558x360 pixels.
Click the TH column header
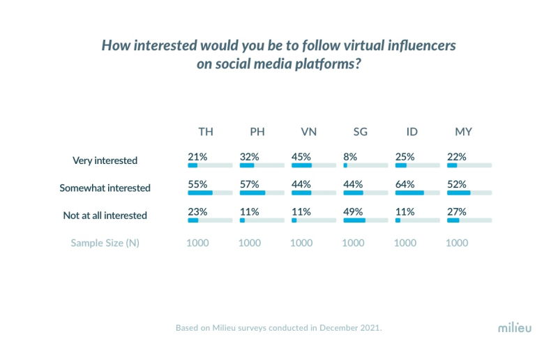tap(206, 132)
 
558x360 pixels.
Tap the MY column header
tap(464, 132)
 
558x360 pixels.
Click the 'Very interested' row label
tap(105, 160)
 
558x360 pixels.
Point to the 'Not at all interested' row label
tap(105, 216)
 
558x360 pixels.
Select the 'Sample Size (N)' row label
tap(105, 243)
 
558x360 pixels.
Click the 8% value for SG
tap(350, 156)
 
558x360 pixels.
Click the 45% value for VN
tap(301, 156)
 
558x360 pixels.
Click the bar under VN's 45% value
tap(301, 166)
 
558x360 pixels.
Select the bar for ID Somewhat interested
tap(409, 193)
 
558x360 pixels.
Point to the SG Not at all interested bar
tap(354, 220)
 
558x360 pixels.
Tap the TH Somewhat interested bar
tap(200, 193)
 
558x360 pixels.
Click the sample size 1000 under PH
tap(250, 243)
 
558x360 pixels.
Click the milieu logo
tap(513, 327)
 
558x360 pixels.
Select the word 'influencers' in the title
tap(416, 46)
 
